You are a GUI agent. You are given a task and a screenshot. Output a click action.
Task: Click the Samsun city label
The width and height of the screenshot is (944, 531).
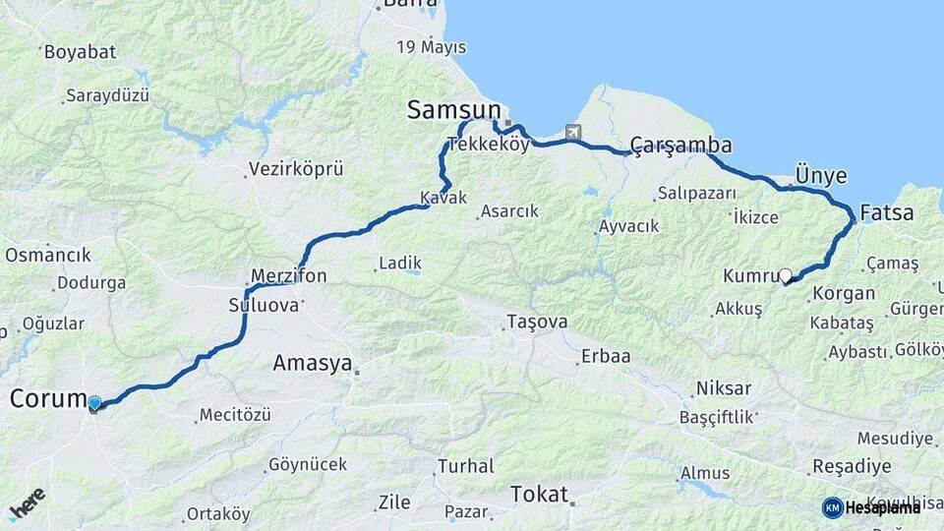[x=454, y=111]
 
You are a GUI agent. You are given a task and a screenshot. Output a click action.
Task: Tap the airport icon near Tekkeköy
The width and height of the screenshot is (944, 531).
[x=573, y=132]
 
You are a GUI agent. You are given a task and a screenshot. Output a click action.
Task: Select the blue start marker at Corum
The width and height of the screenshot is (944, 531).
[x=94, y=403]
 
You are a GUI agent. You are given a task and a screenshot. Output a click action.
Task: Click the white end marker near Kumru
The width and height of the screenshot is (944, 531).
[x=785, y=276]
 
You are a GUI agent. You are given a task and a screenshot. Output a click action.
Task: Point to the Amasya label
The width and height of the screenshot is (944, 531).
[x=312, y=364]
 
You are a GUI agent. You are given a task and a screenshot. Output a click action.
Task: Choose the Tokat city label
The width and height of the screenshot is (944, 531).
[x=539, y=494]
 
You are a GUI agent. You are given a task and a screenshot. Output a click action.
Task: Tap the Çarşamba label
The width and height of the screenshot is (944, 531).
[x=681, y=146]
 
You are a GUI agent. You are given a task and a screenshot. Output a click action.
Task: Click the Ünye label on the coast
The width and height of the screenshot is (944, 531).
[x=820, y=175]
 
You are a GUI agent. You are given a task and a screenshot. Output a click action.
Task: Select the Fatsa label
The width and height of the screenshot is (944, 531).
[x=886, y=213]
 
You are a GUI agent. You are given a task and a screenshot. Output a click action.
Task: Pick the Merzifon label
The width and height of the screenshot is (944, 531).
[x=288, y=276]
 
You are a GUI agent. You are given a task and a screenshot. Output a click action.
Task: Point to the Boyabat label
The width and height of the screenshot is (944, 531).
[x=80, y=51]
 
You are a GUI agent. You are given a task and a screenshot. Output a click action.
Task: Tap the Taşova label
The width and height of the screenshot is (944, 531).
[x=537, y=322]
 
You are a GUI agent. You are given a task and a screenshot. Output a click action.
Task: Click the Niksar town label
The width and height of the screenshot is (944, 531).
[x=723, y=387]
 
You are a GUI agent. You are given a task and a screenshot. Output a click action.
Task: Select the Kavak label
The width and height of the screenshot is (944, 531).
[x=443, y=198]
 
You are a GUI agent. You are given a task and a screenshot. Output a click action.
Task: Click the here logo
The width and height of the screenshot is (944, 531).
[x=27, y=502]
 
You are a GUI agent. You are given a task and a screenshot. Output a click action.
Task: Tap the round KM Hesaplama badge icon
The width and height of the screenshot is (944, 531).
[x=832, y=507]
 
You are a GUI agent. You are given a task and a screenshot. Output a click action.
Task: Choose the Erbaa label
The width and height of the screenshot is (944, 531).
[x=606, y=356]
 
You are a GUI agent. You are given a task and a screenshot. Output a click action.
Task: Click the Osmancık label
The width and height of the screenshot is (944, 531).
[x=48, y=255]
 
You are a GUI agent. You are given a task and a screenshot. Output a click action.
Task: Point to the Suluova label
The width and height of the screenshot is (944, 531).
[x=263, y=305]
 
